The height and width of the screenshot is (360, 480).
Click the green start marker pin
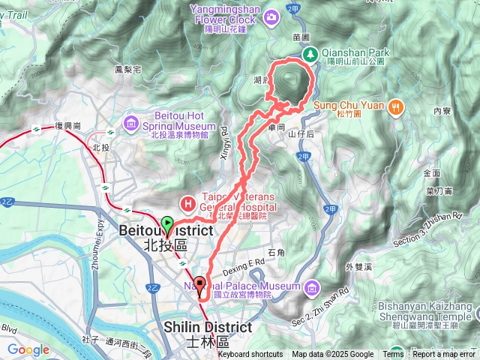pyautogui.click(x=167, y=223)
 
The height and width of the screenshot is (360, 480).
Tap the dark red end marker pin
pyautogui.click(x=200, y=284)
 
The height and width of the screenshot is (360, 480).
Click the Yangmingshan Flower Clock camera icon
pyautogui.click(x=271, y=16)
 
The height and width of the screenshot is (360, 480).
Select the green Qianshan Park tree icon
pyautogui.click(x=310, y=53)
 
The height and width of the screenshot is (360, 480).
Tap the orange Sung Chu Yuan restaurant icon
pyautogui.click(x=394, y=106)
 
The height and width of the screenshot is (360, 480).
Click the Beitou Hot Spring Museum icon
pyautogui.click(x=132, y=121)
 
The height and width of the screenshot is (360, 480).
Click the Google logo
pyautogui.click(x=28, y=350)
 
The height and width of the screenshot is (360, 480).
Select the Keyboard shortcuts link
pyautogui.click(x=250, y=355)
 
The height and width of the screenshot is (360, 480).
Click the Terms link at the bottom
pyautogui.click(x=393, y=355)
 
